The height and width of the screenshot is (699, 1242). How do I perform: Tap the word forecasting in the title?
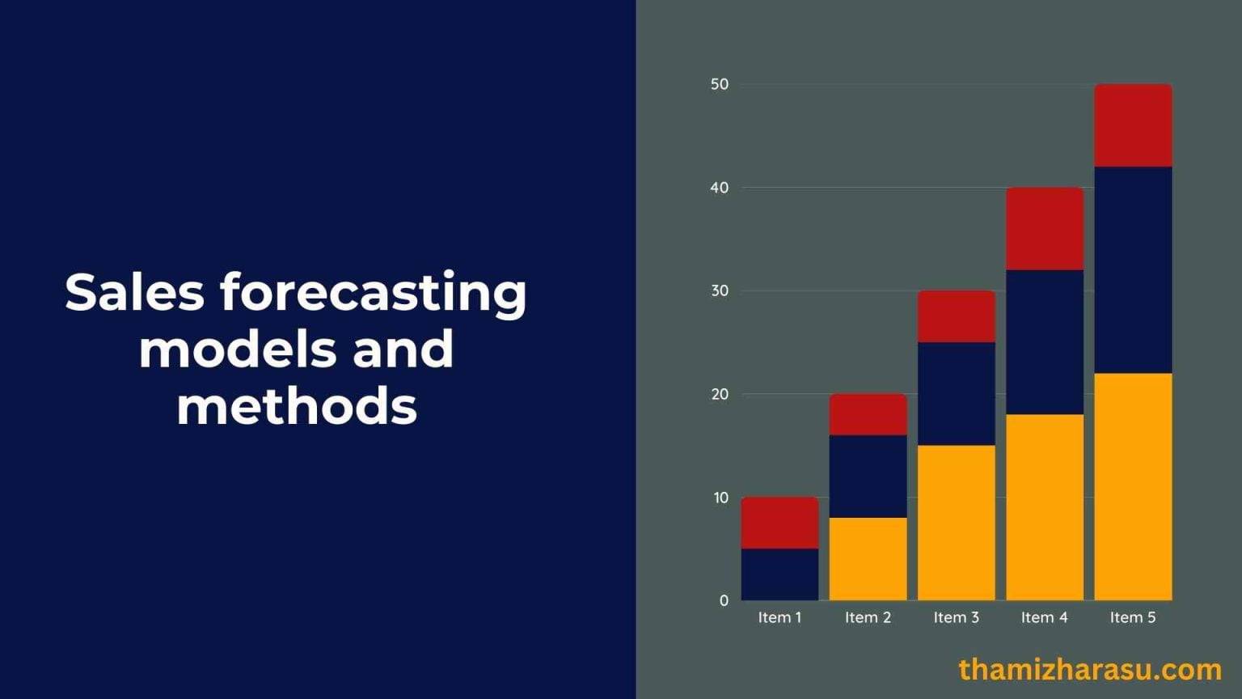[x=374, y=293]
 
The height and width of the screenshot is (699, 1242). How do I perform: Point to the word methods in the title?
[x=297, y=406]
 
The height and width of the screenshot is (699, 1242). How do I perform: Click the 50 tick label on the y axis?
[x=720, y=84]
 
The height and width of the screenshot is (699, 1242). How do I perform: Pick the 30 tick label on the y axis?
[x=720, y=290]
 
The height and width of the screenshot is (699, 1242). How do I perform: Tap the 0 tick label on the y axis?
[x=724, y=600]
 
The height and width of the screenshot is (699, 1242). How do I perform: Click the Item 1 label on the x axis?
[x=779, y=617]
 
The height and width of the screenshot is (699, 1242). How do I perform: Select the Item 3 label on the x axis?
[x=956, y=617]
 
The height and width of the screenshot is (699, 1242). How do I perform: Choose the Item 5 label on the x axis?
[x=1133, y=617]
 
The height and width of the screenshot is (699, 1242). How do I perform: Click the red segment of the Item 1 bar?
[x=779, y=523]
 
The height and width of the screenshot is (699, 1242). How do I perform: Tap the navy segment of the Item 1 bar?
[x=779, y=574]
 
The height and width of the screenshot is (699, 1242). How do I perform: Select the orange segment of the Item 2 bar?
[x=868, y=559]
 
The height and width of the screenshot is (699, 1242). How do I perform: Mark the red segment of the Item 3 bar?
[x=956, y=316]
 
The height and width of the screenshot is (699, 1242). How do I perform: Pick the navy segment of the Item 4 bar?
[x=1045, y=342]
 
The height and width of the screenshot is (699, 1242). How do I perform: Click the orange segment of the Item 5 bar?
[x=1133, y=486]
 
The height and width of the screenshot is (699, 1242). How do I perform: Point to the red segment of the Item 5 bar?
[x=1133, y=125]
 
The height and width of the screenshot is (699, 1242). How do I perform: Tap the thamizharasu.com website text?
[x=1090, y=670]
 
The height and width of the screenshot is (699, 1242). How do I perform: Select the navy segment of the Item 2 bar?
[x=868, y=477]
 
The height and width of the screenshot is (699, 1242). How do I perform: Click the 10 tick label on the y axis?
[x=720, y=498]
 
